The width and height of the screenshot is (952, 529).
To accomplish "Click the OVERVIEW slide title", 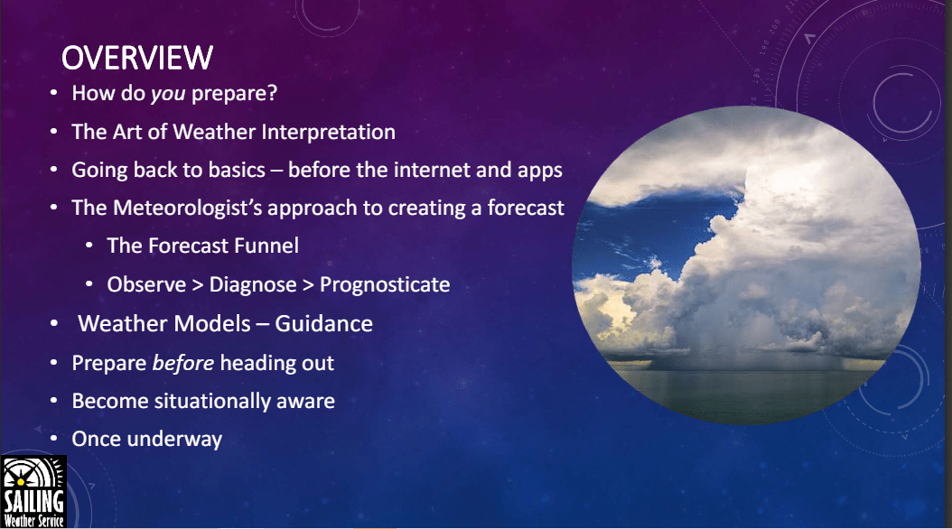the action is tap(137, 59).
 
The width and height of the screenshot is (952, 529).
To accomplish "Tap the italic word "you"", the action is tap(168, 93).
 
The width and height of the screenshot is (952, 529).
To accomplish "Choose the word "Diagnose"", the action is tap(253, 284).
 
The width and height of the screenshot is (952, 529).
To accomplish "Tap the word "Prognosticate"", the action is tap(385, 284).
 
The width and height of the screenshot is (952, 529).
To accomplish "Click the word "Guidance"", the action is tap(323, 323).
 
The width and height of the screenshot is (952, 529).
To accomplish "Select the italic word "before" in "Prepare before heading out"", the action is tap(182, 363).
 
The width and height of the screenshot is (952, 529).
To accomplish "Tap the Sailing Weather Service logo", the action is tap(33, 491).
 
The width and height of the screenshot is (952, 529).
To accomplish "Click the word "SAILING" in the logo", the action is tap(33, 501).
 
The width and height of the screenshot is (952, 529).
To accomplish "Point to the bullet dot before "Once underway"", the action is tap(54, 439).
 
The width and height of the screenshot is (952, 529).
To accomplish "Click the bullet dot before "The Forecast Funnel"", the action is tap(89, 246).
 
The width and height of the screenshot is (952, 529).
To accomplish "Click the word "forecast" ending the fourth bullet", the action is tap(526, 209).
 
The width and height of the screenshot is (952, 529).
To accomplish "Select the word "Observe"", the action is tap(146, 284).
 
